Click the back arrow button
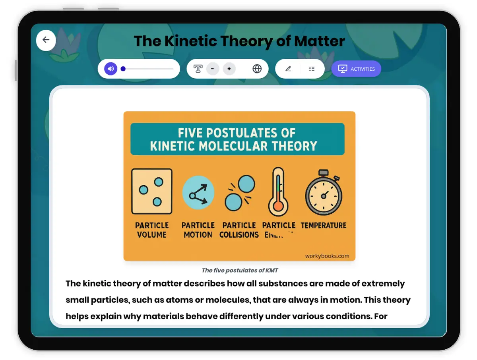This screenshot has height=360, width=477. (46, 40)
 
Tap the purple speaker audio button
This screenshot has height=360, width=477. (111, 69)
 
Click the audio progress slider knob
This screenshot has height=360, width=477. (123, 69)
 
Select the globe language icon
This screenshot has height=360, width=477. (257, 69)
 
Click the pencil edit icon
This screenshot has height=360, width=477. (288, 69)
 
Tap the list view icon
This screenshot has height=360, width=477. (312, 69)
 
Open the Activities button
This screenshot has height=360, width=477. (356, 69)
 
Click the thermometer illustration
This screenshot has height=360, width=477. (278, 191)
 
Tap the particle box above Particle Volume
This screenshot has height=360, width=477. (152, 191)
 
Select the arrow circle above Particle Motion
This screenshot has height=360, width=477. (198, 193)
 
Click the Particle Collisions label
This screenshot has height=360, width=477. (239, 230)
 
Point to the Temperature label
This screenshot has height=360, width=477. (324, 225)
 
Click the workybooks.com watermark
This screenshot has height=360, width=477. (327, 256)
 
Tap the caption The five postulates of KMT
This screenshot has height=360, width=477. (240, 270)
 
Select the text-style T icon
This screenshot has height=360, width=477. (198, 69)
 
